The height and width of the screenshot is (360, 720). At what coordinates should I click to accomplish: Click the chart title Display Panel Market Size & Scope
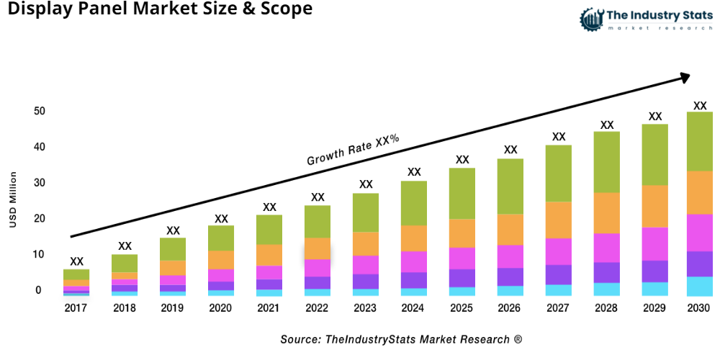click(156, 9)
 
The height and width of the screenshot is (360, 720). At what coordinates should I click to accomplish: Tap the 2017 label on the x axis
click(76, 308)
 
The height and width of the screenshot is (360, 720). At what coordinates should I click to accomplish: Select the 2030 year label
click(698, 308)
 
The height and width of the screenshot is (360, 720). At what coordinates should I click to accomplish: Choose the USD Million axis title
click(13, 200)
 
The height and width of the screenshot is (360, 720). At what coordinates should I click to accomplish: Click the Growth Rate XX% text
click(353, 150)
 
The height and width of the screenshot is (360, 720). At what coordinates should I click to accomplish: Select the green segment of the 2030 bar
click(698, 141)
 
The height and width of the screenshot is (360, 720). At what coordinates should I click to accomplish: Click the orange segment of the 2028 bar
click(607, 213)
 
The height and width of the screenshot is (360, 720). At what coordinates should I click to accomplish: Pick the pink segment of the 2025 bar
click(462, 258)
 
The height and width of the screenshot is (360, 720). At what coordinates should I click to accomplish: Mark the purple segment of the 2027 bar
click(559, 275)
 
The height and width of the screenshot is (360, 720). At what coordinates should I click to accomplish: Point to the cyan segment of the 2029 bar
click(654, 289)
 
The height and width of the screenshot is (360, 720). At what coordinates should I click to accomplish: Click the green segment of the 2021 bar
click(269, 230)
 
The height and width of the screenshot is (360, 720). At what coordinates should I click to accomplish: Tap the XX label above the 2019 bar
click(173, 230)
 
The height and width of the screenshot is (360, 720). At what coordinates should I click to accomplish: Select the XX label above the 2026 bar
click(510, 150)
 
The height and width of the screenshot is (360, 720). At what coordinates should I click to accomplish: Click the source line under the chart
click(401, 338)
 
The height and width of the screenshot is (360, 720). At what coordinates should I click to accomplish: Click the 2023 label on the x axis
click(366, 308)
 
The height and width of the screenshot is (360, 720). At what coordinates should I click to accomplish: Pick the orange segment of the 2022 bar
click(318, 248)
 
